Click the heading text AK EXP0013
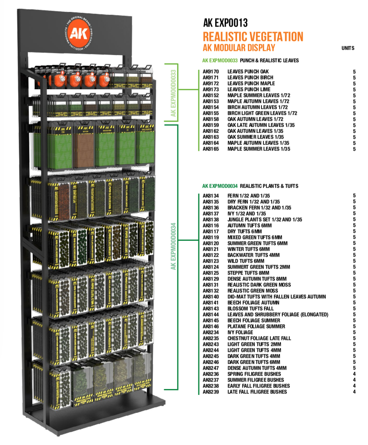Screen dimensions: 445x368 pos(225,23)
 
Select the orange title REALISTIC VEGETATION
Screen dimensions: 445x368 pos(253,37)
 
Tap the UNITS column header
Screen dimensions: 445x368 pos(348,48)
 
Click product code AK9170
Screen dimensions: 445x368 pos(211,72)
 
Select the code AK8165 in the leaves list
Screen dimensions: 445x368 pos(211,149)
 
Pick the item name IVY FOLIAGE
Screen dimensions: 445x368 pos(240,333)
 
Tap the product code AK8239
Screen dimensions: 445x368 pos(211,392)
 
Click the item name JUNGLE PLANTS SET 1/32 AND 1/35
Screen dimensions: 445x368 pos(265,220)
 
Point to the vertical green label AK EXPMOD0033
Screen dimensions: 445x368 pos(174,93)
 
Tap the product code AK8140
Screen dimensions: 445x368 pos(211,297)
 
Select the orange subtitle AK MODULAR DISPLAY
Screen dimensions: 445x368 pos(239,48)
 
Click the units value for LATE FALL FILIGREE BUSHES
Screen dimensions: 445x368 pos(354,392)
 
